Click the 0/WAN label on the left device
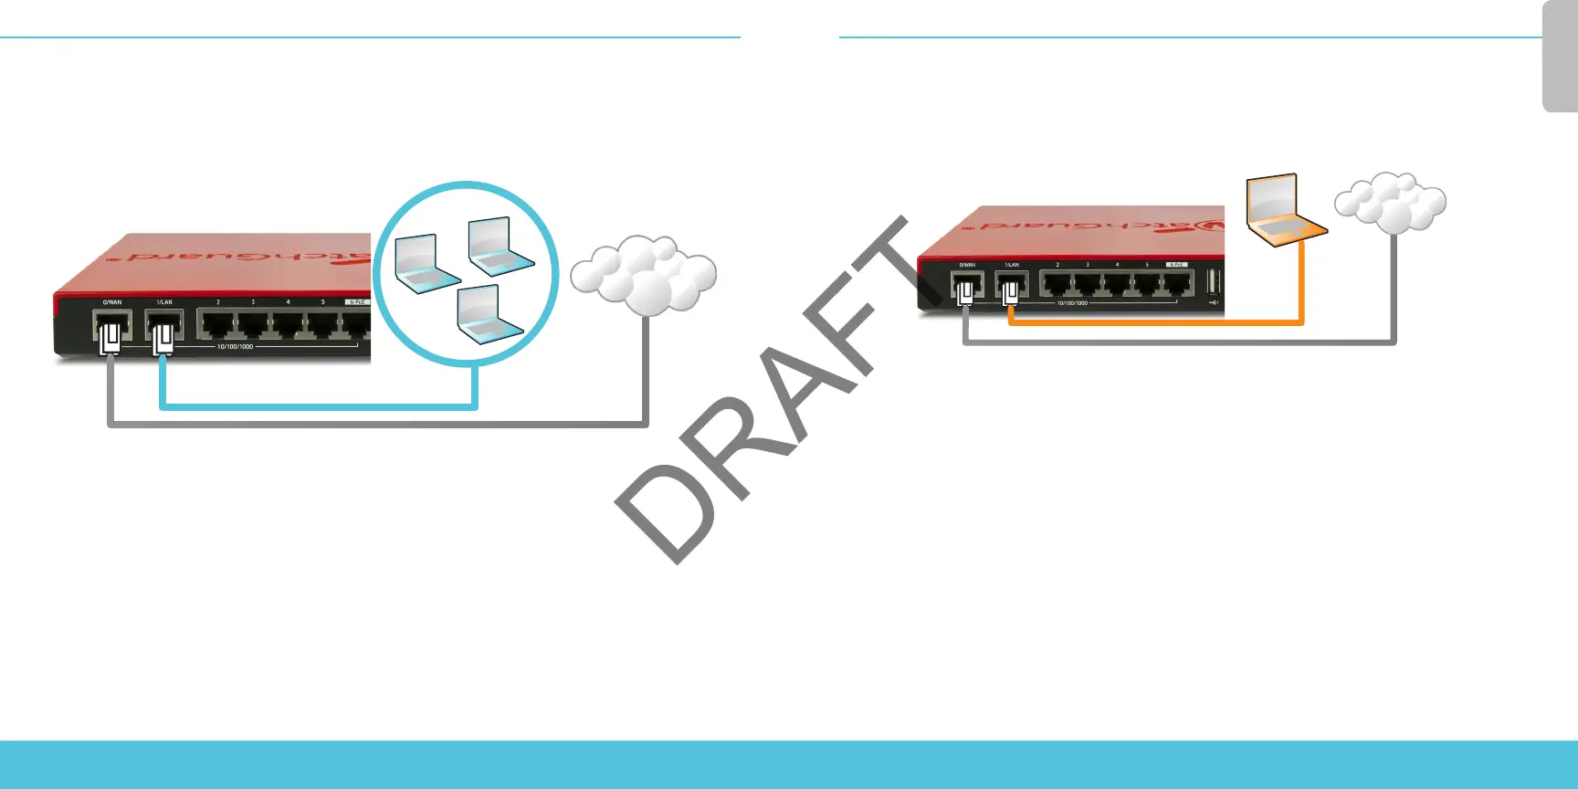pos(111,302)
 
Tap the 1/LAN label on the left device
pos(164,302)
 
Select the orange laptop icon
pos(1284,211)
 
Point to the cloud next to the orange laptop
pos(1391,202)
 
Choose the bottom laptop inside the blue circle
pos(489,316)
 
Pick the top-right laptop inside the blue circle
pos(500,247)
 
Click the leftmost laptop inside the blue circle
pos(426,264)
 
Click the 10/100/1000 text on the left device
pos(235,347)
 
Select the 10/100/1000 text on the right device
pos(1072,302)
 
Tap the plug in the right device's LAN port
pos(1010,294)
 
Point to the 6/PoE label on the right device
pos(1176,265)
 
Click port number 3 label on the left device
pos(253,302)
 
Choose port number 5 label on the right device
pos(1147,265)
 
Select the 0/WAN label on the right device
pos(966,265)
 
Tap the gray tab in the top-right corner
pos(1560,57)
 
